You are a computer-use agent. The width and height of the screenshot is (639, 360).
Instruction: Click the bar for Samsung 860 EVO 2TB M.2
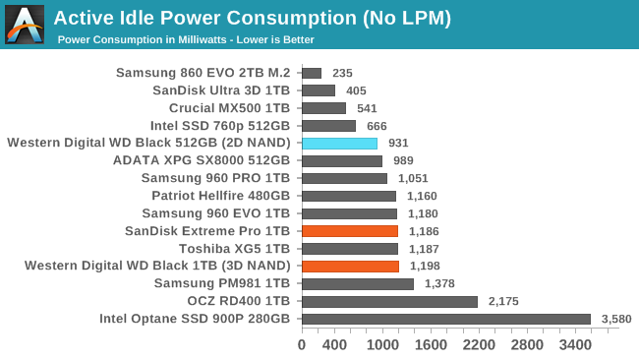pyautogui.click(x=312, y=73)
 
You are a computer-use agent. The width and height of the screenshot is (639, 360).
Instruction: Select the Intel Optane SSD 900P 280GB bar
pyautogui.click(x=445, y=319)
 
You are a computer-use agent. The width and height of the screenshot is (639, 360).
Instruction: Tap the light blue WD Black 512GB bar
pyautogui.click(x=339, y=143)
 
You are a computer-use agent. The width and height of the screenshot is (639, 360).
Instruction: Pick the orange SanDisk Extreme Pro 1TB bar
pyautogui.click(x=349, y=231)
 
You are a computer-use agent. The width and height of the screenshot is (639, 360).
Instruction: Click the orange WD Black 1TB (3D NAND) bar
pyautogui.click(x=350, y=266)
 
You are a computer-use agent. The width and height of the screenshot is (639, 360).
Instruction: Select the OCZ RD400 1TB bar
pyautogui.click(x=389, y=301)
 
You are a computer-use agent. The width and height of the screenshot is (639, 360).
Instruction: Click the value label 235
pyautogui.click(x=342, y=73)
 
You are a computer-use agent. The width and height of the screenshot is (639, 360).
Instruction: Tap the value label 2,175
pyautogui.click(x=505, y=301)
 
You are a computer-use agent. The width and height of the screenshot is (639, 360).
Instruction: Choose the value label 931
pyautogui.click(x=398, y=143)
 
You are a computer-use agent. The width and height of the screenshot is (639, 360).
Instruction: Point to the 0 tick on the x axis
pyautogui.click(x=302, y=345)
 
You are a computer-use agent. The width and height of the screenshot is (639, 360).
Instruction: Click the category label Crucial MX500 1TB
pyautogui.click(x=229, y=108)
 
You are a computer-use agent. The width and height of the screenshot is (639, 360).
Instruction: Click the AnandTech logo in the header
pyautogui.click(x=25, y=25)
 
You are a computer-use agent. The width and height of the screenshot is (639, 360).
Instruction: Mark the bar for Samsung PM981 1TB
pyautogui.click(x=358, y=283)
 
